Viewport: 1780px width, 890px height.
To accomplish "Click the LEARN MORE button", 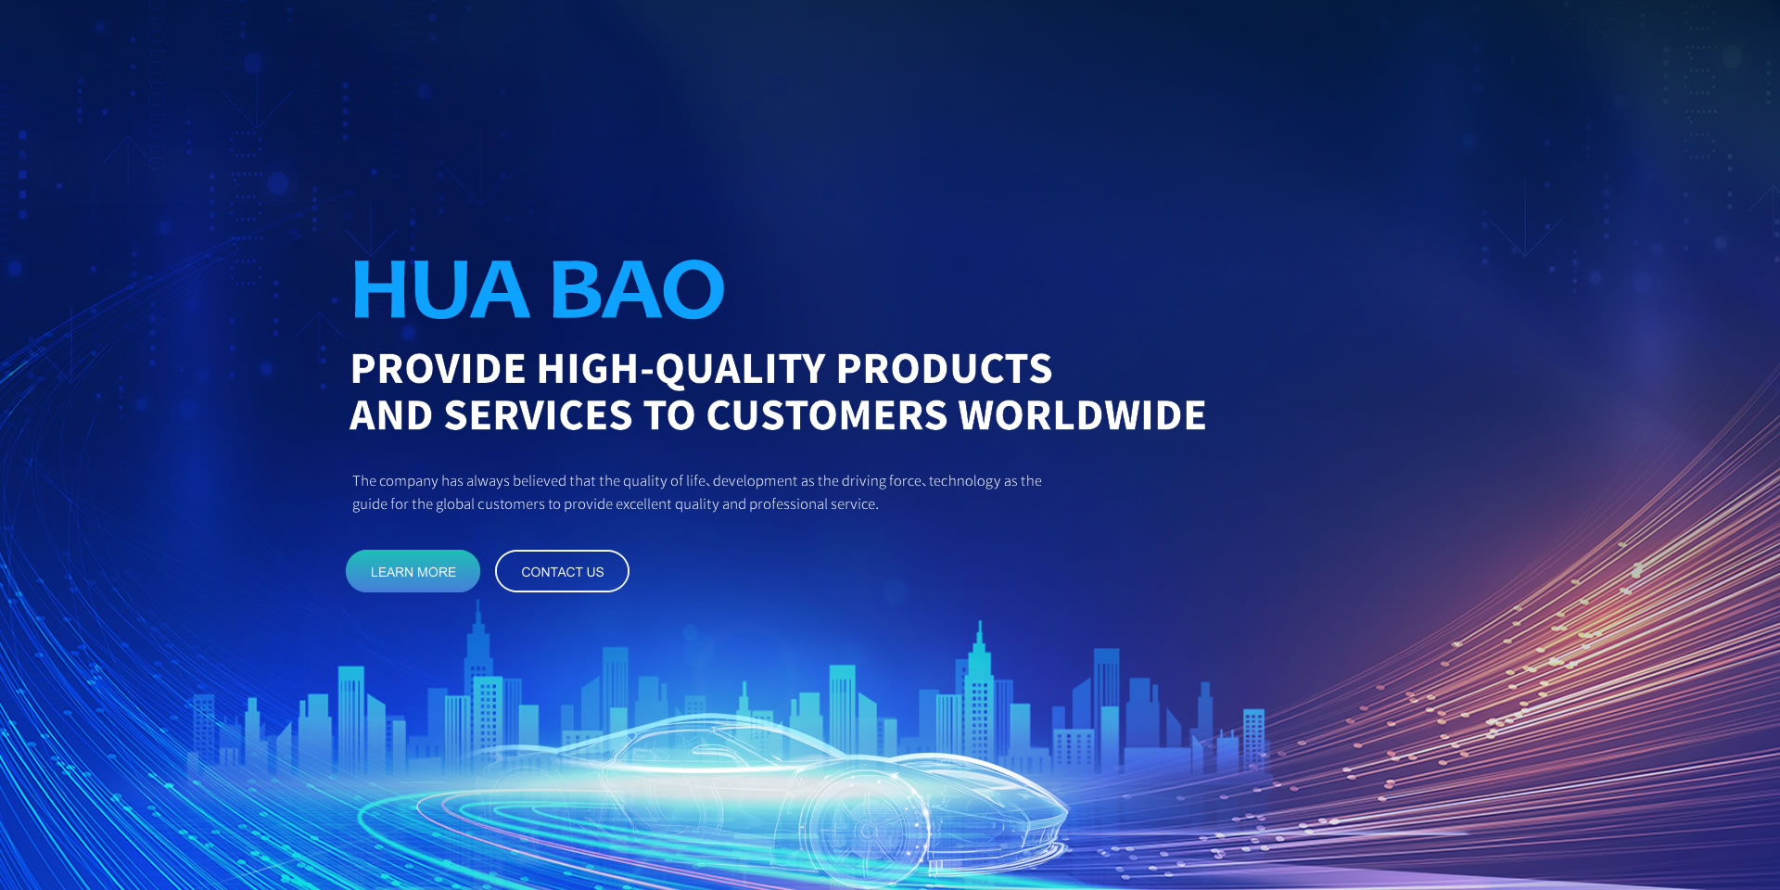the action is [x=413, y=571].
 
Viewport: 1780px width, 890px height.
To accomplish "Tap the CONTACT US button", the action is [x=562, y=571].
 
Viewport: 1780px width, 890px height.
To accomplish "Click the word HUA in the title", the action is [x=440, y=290].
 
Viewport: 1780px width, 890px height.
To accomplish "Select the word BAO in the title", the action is [x=638, y=290].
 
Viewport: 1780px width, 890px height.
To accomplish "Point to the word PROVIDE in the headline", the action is [x=439, y=369].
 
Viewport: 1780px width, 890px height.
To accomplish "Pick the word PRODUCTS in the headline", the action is [x=945, y=369].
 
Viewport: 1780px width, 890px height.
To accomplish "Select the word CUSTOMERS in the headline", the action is [x=827, y=415].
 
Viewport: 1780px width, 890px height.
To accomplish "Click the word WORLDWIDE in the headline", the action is [x=1083, y=415].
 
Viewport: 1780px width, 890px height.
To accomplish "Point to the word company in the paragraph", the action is [x=408, y=481].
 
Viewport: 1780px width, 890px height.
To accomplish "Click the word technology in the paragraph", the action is [x=964, y=481].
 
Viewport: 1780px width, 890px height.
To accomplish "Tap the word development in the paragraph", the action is [x=755, y=481].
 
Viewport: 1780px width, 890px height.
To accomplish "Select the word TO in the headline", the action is [x=669, y=415].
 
